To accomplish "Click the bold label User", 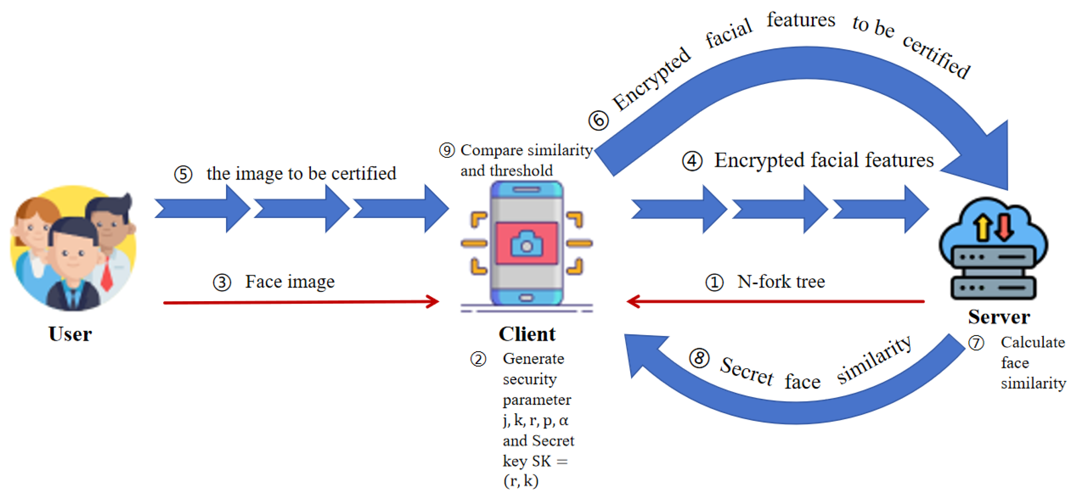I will click(x=70, y=334).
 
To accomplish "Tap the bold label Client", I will click(x=527, y=334).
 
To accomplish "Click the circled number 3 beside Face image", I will click(x=222, y=282).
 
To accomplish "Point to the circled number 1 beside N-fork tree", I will click(x=714, y=282).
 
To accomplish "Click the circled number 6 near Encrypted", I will click(x=598, y=121).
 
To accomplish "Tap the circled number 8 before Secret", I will click(x=700, y=358).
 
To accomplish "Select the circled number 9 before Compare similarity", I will click(x=446, y=150).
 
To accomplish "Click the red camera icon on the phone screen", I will click(x=527, y=243).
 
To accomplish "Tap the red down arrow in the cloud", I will click(x=1004, y=227).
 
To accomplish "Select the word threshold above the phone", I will click(x=521, y=170).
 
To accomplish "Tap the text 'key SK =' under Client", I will click(x=535, y=461).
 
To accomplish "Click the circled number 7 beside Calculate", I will click(x=976, y=343).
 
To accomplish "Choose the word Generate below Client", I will click(x=533, y=358).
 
